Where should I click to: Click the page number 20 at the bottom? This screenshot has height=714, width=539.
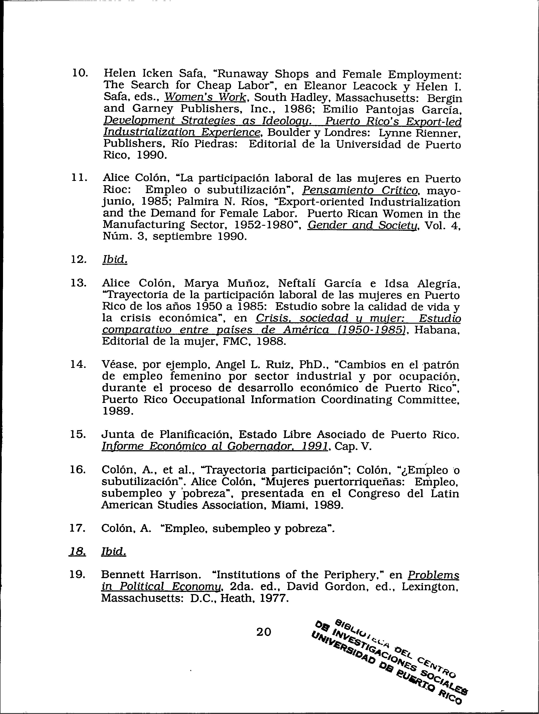coord(263,632)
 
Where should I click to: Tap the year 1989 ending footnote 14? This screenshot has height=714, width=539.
coord(118,411)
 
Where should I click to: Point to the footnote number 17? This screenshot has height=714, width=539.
coord(78,528)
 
